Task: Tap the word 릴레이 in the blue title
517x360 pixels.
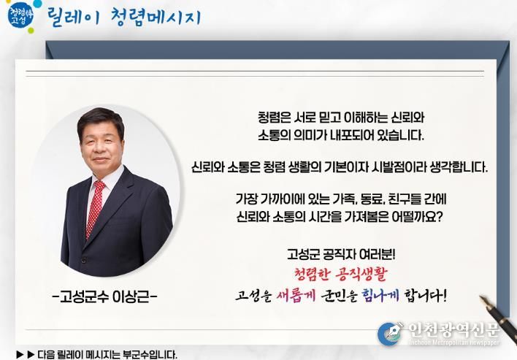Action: tap(73, 17)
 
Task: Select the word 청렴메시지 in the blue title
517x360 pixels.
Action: tap(156, 17)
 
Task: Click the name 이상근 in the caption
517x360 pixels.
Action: tap(131, 297)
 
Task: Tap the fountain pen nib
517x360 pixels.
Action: tap(486, 302)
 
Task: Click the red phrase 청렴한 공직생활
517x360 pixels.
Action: tap(340, 274)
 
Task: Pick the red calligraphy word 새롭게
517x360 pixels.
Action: tap(293, 295)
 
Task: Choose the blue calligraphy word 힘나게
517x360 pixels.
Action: tap(380, 295)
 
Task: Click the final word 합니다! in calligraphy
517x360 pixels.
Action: tap(425, 295)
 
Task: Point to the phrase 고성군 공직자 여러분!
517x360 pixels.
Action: tap(341, 255)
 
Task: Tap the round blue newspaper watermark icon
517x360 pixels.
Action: tap(390, 334)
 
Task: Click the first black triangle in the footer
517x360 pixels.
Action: tap(20, 355)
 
